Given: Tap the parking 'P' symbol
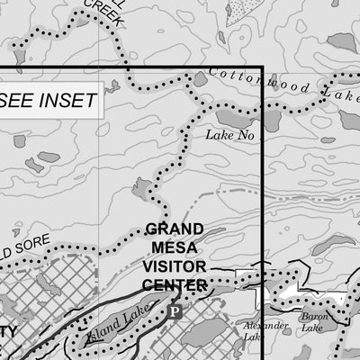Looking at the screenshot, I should pyautogui.click(x=175, y=312).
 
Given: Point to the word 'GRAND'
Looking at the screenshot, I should pyautogui.click(x=175, y=229).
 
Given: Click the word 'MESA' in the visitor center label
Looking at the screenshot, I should pyautogui.click(x=175, y=248).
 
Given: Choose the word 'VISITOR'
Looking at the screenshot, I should pyautogui.click(x=175, y=267).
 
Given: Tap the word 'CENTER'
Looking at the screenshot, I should pyautogui.click(x=175, y=285).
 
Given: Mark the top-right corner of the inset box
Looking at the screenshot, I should pyautogui.click(x=261, y=68).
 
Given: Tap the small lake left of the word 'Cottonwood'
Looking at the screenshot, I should pyautogui.click(x=199, y=79).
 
